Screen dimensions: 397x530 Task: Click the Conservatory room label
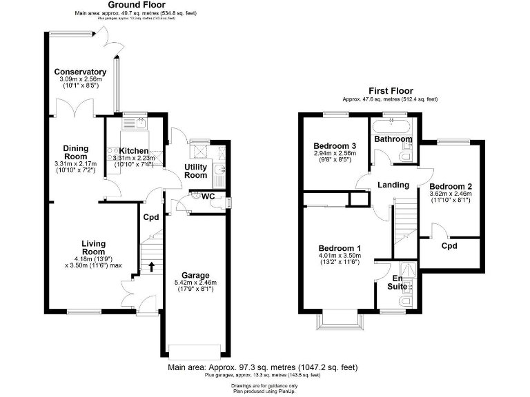pos(80,72)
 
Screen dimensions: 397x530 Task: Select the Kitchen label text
pos(134,151)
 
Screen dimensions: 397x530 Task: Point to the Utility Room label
pos(196,171)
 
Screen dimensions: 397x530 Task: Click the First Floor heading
pos(391,91)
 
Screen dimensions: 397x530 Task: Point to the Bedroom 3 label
pos(335,146)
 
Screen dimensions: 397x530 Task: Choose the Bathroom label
pos(393,139)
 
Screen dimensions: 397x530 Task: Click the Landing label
pos(393,185)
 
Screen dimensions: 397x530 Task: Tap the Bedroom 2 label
pos(450,187)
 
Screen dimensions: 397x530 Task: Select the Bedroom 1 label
pos(340,248)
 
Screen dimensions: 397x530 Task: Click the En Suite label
pos(397,281)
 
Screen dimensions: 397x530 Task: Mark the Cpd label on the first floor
pos(449,245)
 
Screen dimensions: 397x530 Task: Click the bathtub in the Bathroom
pos(393,125)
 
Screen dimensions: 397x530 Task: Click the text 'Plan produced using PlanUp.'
pos(264,389)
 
